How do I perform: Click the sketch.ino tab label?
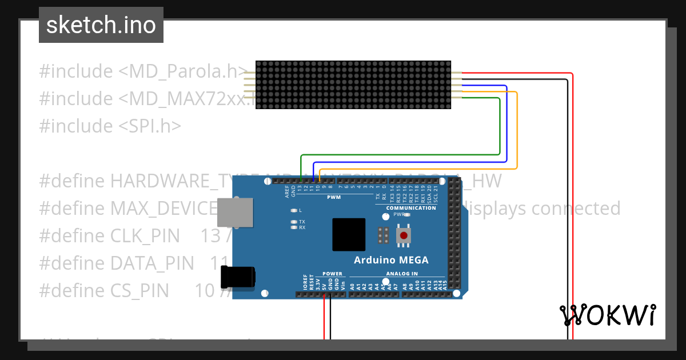click(x=101, y=25)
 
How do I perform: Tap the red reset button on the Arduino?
click(x=404, y=235)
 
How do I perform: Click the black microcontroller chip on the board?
click(x=348, y=234)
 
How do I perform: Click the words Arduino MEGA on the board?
click(x=391, y=260)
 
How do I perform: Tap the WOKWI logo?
click(x=607, y=315)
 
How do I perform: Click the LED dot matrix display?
click(x=353, y=85)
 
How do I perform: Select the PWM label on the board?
click(x=334, y=197)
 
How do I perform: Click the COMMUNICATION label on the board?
click(x=410, y=208)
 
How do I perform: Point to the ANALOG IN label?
click(x=402, y=274)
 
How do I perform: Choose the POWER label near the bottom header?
click(x=332, y=274)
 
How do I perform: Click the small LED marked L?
click(x=294, y=210)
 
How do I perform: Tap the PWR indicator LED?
click(x=408, y=215)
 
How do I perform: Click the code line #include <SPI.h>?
click(x=110, y=126)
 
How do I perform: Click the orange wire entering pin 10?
click(x=319, y=174)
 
